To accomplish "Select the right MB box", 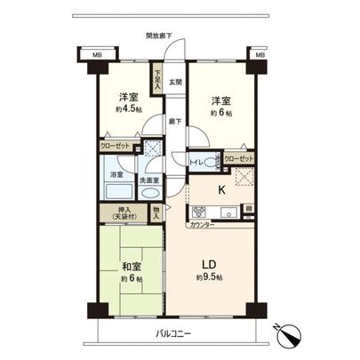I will [x=260, y=55].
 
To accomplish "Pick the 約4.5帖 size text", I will [x=128, y=109].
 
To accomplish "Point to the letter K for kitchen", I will [x=220, y=188].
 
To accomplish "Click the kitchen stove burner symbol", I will [x=197, y=212].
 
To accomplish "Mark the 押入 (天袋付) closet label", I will [x=124, y=213].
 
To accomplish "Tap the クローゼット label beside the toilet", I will [x=238, y=159].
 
